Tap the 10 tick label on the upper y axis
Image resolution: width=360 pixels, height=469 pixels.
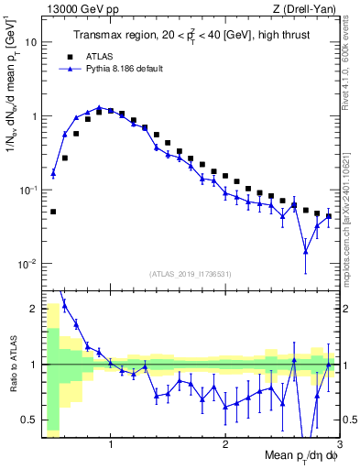tap(31, 42)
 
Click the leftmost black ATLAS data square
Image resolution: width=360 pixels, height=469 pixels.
tap(53, 212)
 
